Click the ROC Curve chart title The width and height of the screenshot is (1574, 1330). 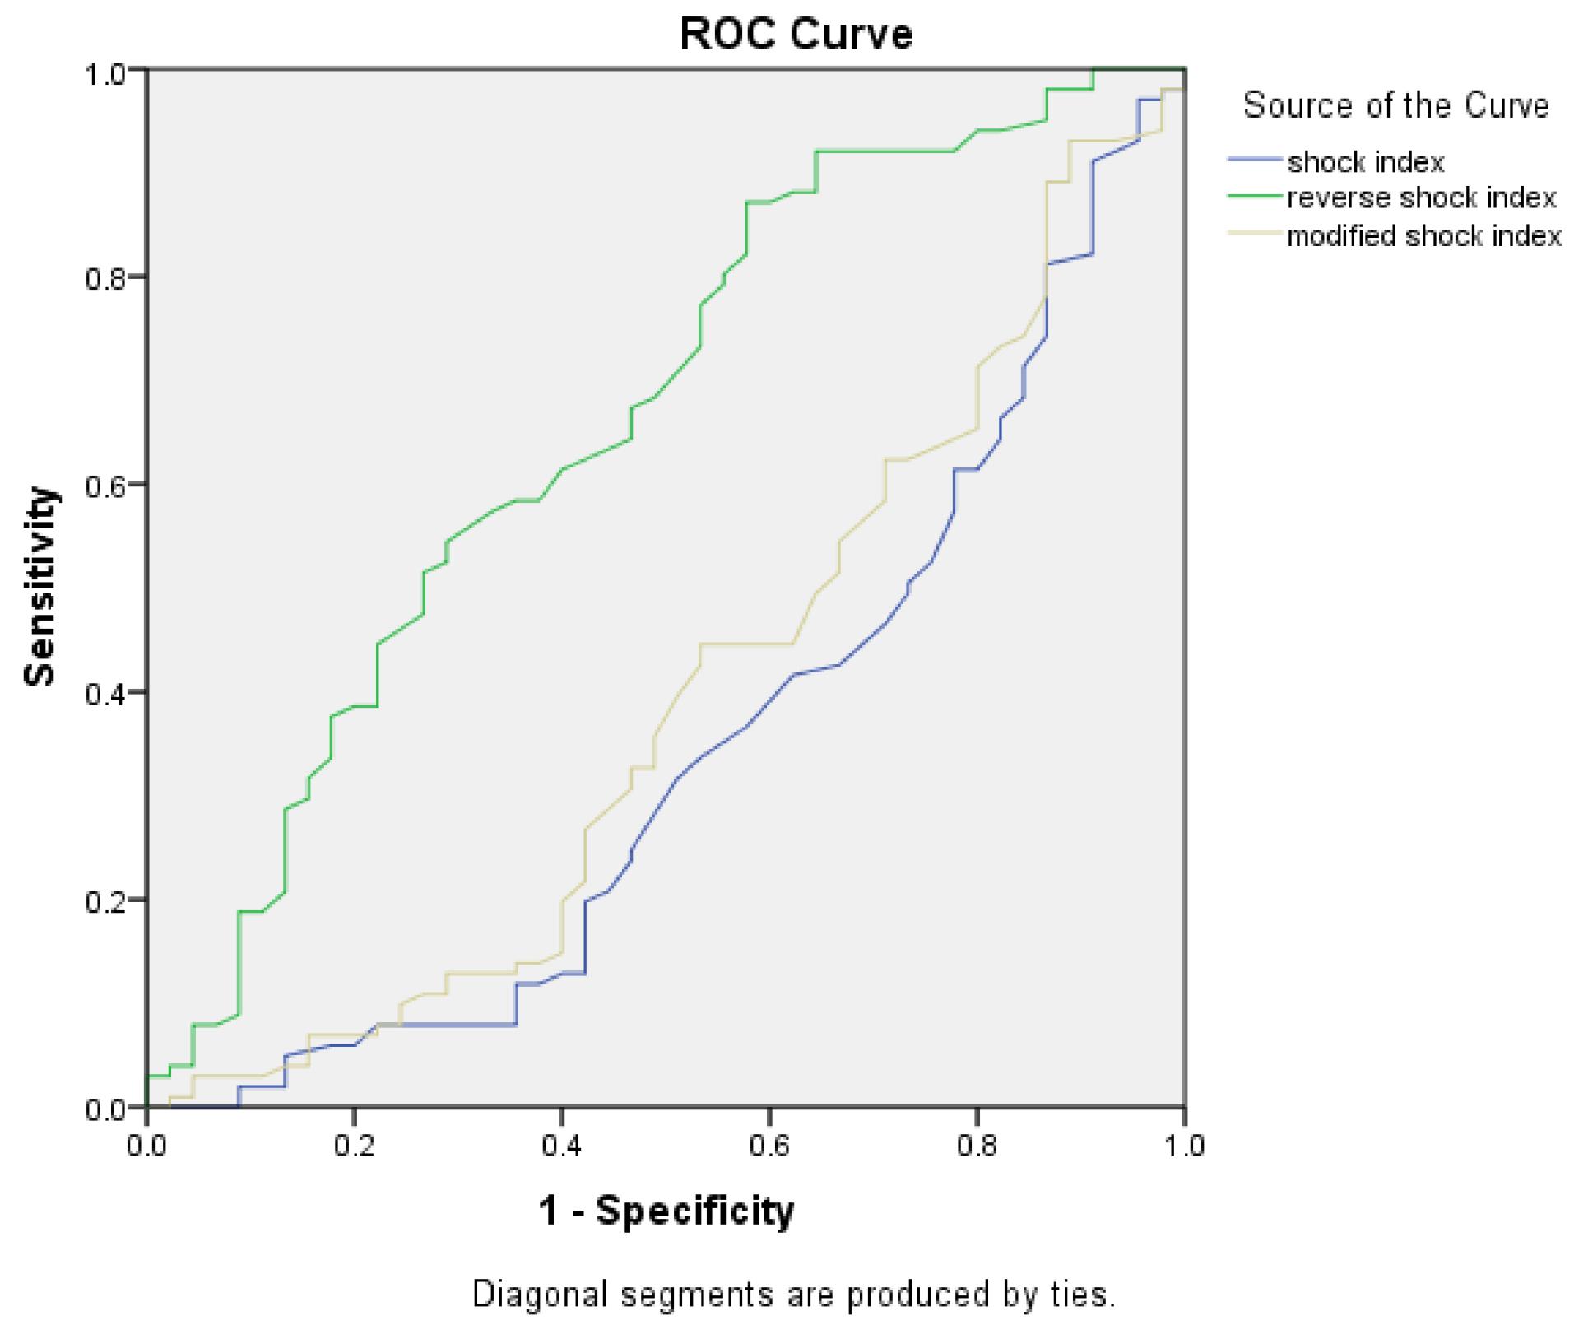[x=796, y=35]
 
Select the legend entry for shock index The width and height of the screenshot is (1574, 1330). [x=1365, y=162]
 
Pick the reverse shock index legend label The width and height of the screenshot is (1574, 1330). [x=1421, y=198]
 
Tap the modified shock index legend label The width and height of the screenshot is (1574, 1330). [x=1423, y=236]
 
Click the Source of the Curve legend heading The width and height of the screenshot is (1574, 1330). [x=1395, y=106]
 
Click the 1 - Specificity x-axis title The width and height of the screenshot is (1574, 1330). [x=666, y=1211]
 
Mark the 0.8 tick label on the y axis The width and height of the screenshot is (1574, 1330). [x=105, y=277]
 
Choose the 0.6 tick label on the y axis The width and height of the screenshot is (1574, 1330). [x=105, y=485]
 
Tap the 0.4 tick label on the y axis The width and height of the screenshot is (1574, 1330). [x=105, y=693]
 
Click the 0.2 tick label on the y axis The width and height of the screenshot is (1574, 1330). [x=105, y=900]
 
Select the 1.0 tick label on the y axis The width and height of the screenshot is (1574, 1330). [x=105, y=71]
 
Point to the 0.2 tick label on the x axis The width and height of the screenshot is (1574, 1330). [x=354, y=1146]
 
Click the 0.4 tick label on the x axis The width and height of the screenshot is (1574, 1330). [x=561, y=1146]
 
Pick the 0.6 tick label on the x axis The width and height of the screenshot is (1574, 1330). [x=768, y=1146]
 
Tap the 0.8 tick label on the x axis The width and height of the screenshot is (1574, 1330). [x=976, y=1146]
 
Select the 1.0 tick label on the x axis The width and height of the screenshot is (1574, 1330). [x=1183, y=1146]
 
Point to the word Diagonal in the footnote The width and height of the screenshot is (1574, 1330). [x=540, y=1294]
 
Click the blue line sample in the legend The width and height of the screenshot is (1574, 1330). [x=1256, y=159]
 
